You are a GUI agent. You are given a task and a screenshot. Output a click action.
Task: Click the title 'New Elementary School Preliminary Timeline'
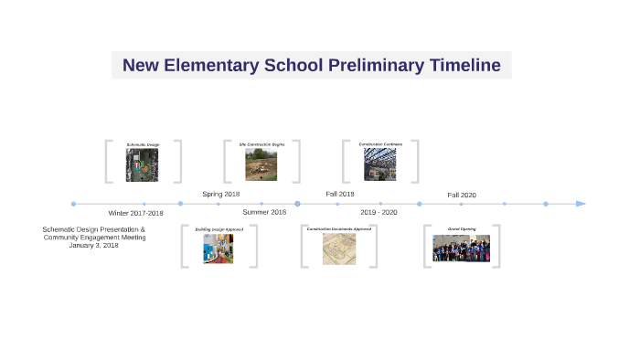[311, 66]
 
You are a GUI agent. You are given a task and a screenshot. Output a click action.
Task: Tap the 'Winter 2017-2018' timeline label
[135, 213]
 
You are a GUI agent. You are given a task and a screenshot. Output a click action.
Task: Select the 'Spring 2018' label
[220, 195]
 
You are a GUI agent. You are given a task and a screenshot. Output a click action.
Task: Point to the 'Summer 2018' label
[264, 212]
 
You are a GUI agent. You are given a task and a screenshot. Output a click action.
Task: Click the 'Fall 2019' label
[340, 195]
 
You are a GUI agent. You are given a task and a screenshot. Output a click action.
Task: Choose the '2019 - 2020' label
[379, 212]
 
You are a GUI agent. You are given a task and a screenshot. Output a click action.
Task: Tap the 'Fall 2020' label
[462, 196]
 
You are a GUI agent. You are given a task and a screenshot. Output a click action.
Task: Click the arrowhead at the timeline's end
[581, 204]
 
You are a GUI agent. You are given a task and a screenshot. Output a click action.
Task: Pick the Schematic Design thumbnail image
[143, 165]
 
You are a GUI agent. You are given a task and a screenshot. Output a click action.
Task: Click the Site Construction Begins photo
[261, 164]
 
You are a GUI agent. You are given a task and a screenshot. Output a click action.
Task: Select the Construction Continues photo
[380, 164]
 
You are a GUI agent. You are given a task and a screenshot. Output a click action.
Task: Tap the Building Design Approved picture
[219, 249]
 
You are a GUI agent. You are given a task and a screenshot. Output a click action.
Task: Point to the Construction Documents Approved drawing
[338, 249]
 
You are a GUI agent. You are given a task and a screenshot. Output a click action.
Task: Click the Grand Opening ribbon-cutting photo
[461, 249]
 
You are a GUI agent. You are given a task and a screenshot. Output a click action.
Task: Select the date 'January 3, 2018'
[93, 246]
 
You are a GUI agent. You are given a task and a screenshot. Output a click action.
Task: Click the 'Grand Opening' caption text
[461, 229]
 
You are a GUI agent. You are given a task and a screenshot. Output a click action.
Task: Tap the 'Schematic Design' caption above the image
[143, 144]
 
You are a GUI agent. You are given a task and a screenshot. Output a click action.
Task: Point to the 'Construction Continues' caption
[380, 144]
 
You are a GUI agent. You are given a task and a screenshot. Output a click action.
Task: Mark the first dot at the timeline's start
[73, 204]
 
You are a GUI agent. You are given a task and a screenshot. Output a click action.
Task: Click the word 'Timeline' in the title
[462, 66]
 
